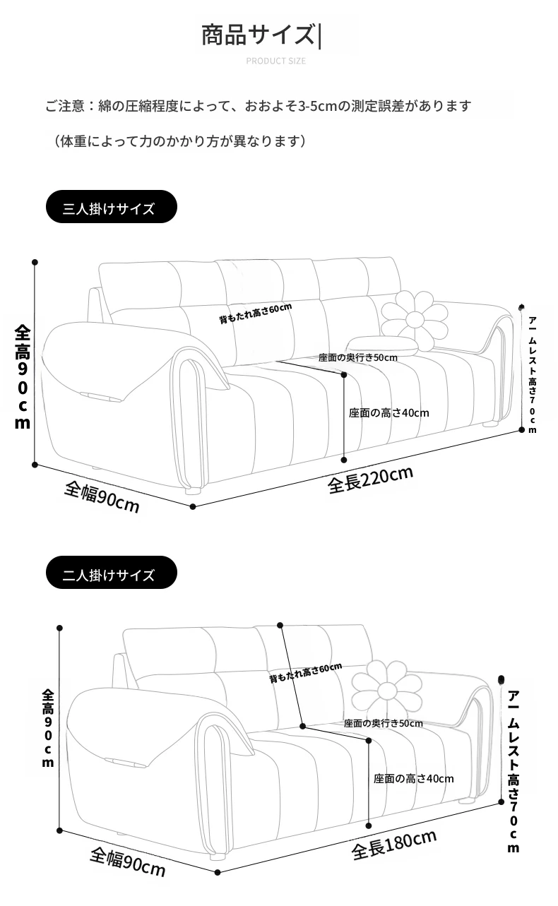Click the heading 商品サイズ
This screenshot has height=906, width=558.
[258, 35]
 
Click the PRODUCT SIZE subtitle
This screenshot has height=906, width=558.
[276, 61]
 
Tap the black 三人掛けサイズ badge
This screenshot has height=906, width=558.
[112, 207]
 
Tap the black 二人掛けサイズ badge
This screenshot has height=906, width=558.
[112, 572]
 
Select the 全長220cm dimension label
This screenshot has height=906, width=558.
[370, 480]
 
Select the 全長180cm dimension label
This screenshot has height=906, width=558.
[393, 845]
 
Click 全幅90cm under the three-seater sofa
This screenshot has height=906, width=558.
[102, 496]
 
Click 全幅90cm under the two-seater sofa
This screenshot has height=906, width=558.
[127, 862]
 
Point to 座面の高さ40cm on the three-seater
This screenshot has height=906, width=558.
[389, 413]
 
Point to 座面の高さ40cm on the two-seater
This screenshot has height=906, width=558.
[413, 779]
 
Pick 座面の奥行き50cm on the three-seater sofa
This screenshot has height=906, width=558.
[357, 357]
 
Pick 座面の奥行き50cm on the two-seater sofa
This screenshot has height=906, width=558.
[384, 723]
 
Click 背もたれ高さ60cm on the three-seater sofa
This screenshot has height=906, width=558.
[255, 314]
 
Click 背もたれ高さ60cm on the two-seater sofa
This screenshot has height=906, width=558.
[306, 673]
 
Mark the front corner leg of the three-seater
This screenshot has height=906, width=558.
[193, 491]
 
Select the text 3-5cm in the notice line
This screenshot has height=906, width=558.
[311, 106]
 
